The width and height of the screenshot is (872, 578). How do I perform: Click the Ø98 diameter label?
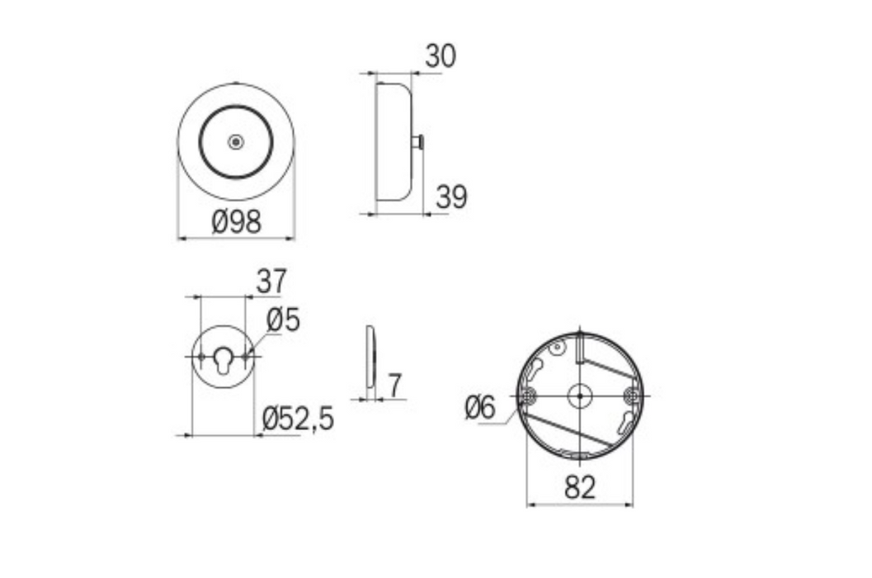pyautogui.click(x=236, y=221)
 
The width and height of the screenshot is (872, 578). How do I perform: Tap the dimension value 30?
pyautogui.click(x=441, y=56)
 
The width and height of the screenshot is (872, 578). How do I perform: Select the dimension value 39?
pyautogui.click(x=451, y=197)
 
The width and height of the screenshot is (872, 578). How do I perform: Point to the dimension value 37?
pyautogui.click(x=271, y=282)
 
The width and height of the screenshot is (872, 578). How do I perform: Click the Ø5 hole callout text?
pyautogui.click(x=282, y=320)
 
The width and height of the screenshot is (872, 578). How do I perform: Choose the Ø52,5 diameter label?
pyautogui.click(x=298, y=419)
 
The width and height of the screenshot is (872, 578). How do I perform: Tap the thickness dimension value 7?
pyautogui.click(x=395, y=385)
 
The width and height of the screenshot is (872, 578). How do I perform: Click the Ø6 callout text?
pyautogui.click(x=479, y=407)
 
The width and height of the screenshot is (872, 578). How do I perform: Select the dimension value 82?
pyautogui.click(x=580, y=488)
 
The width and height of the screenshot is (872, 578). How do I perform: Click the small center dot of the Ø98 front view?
pyautogui.click(x=236, y=142)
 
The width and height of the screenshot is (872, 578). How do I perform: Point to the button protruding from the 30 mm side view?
pyautogui.click(x=418, y=143)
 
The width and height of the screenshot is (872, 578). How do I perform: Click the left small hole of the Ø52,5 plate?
pyautogui.click(x=200, y=357)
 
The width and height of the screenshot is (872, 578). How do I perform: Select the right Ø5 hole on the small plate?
pyautogui.click(x=246, y=357)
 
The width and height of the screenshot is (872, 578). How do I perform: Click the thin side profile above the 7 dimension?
pyautogui.click(x=370, y=357)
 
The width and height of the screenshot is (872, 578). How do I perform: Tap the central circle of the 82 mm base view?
pyautogui.click(x=580, y=396)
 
